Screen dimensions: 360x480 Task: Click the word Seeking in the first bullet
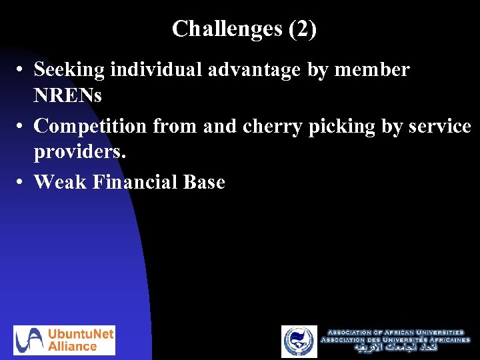point(71,69)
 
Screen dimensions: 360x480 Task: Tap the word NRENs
point(68,96)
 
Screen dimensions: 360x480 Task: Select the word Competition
point(91,125)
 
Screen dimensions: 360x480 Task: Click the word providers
point(79,152)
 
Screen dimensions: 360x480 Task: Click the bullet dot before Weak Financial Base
point(21,182)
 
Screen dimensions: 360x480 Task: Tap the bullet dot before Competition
point(21,126)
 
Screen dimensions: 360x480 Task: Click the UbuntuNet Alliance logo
point(65,340)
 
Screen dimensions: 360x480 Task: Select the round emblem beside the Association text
point(299,341)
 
